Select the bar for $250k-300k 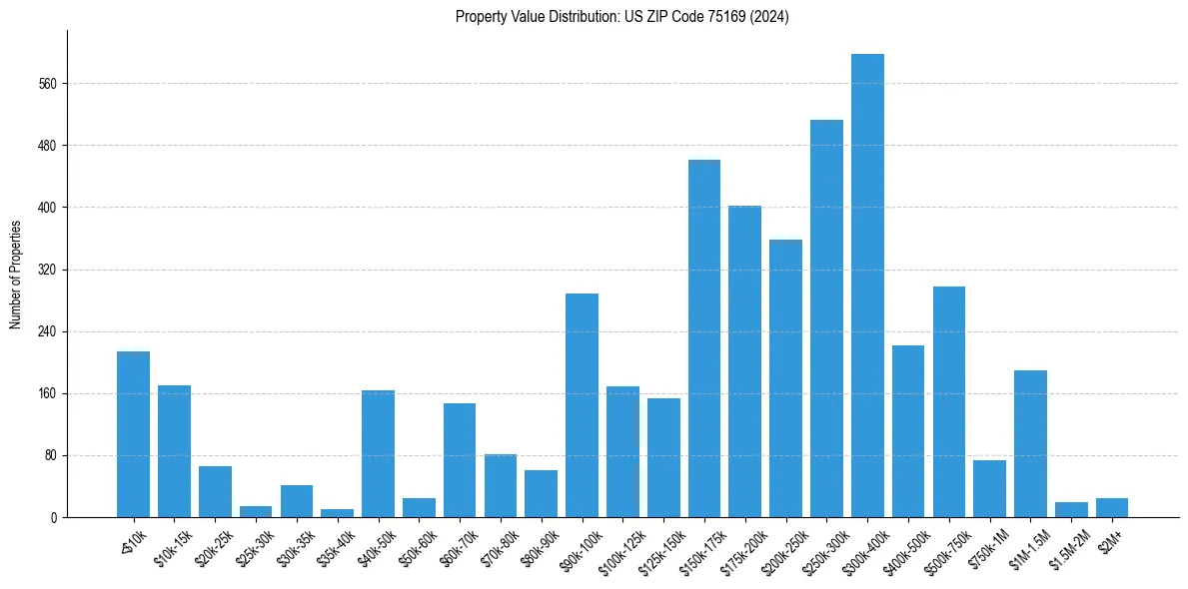point(826,318)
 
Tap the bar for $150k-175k point(704,338)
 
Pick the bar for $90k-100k point(582,405)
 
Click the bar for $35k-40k point(337,513)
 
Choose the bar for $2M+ point(1112,507)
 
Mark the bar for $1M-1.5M point(1030,443)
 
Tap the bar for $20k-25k point(215,491)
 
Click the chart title point(621,17)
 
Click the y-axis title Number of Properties point(15,275)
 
